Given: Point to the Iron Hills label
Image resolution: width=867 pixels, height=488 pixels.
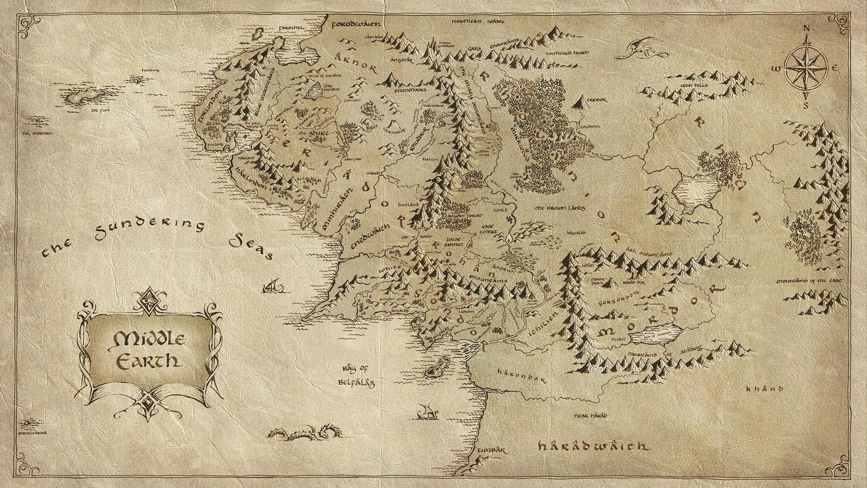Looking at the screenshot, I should point(695,85).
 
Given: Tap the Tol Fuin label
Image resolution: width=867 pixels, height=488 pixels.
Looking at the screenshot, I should point(89,110).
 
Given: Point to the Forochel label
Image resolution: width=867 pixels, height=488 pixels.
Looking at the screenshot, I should point(293,28).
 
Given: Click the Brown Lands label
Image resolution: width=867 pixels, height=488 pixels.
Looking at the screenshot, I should point(560,208).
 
